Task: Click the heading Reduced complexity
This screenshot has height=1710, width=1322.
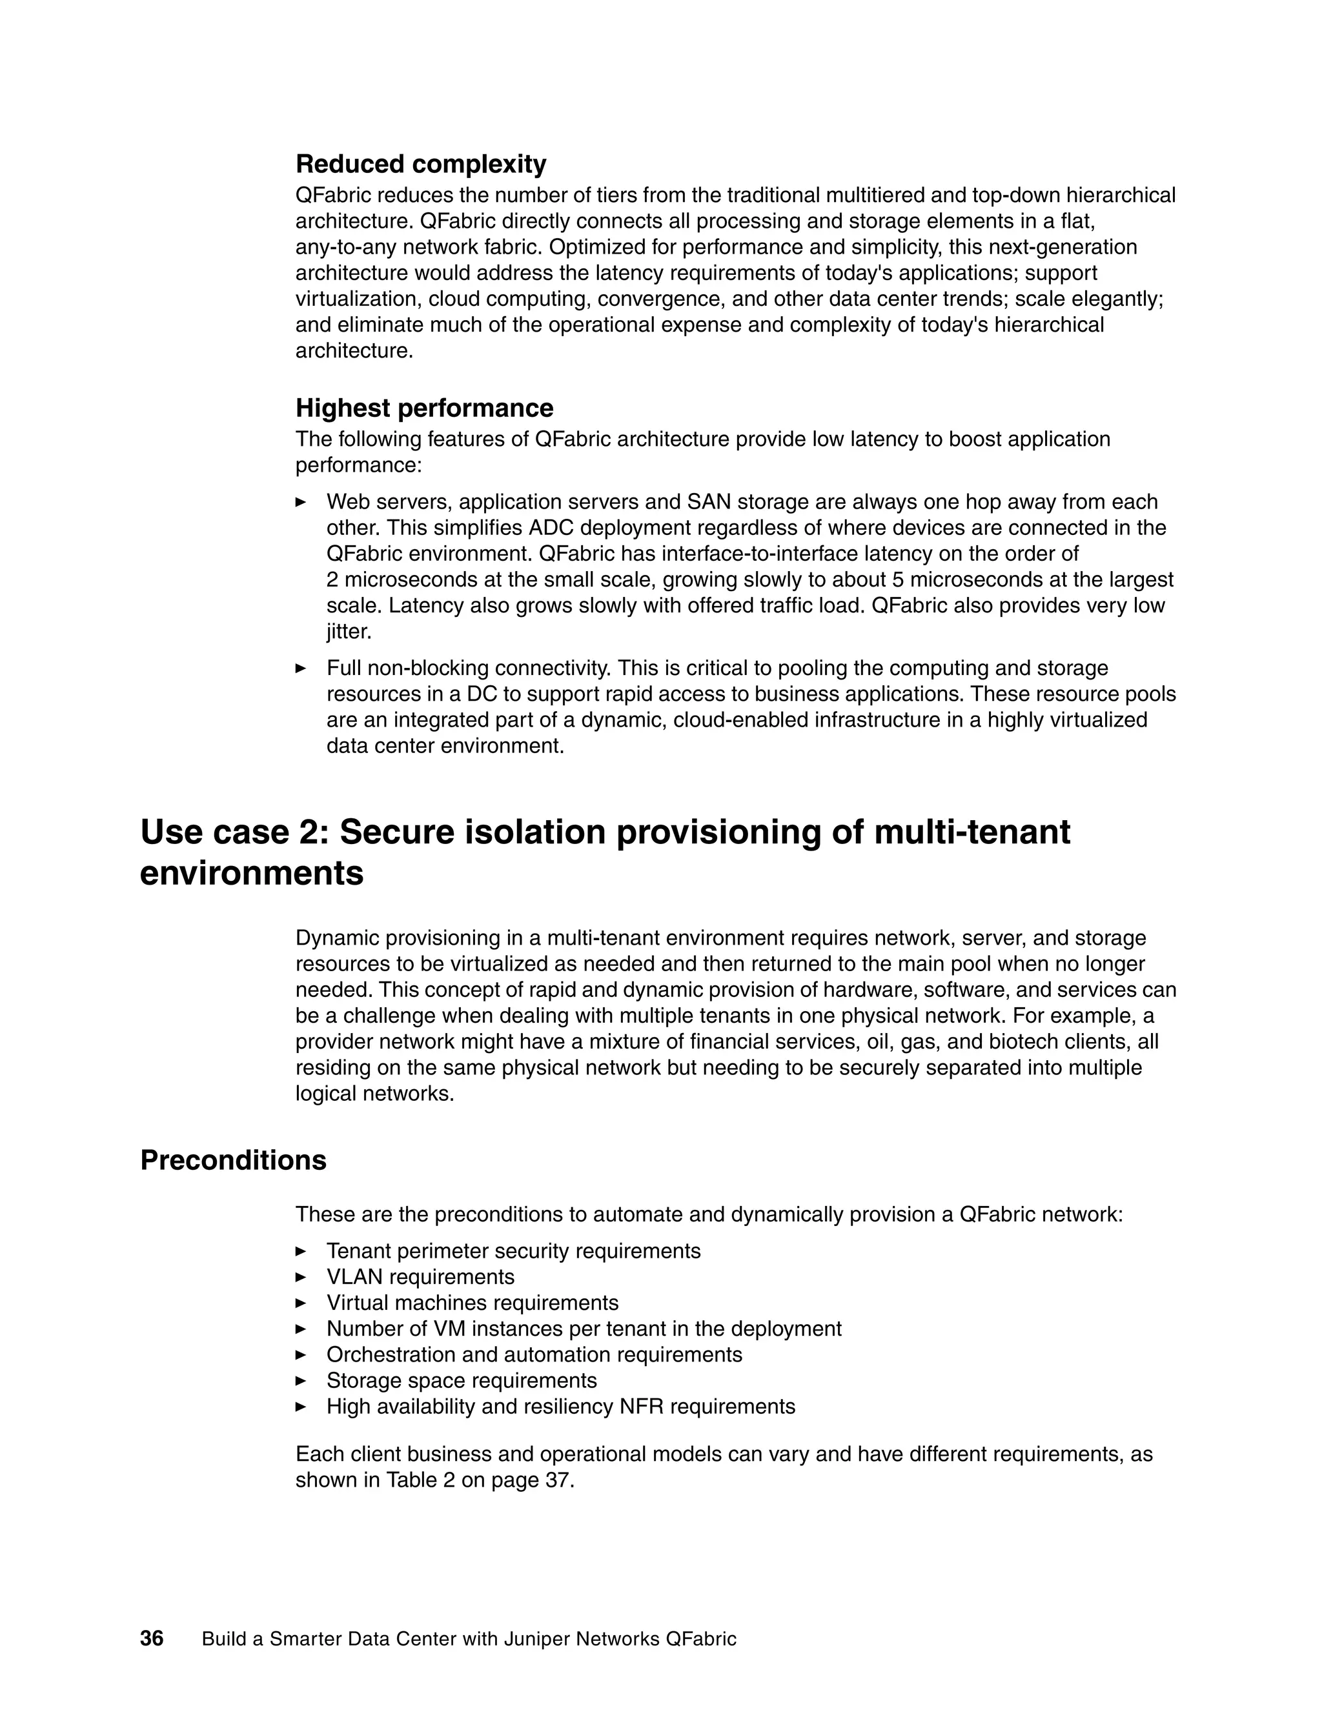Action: point(421,165)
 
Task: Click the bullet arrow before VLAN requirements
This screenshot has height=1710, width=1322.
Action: point(301,1277)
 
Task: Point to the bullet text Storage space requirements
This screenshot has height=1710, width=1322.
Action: point(462,1380)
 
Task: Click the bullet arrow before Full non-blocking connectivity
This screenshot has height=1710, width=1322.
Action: point(301,669)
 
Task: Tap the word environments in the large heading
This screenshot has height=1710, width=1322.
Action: point(251,873)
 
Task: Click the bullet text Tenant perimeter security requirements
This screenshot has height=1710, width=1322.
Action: point(513,1251)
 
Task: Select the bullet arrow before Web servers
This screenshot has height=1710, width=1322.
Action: point(301,502)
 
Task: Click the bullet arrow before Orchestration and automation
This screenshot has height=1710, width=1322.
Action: point(301,1354)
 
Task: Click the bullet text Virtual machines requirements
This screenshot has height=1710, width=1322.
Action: point(473,1303)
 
